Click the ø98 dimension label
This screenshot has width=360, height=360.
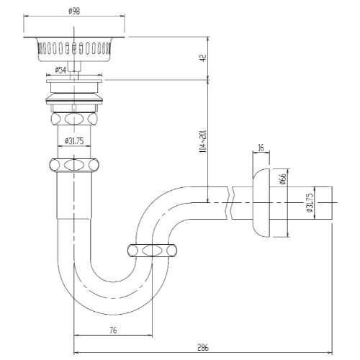coord(74,11)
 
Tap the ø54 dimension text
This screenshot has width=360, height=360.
coord(60,70)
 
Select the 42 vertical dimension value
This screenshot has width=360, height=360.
coord(203,58)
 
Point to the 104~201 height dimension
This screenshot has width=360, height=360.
coord(203,142)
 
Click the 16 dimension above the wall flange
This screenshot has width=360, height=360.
coord(261,148)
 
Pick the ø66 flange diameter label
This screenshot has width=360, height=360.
coord(284,179)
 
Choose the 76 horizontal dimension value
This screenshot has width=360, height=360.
coord(113,330)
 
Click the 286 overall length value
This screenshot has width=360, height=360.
coord(203,347)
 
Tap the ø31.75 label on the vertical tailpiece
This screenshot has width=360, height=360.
coord(74,141)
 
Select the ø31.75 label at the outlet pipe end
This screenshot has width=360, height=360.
coord(310,202)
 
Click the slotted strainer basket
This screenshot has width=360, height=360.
coord(74,50)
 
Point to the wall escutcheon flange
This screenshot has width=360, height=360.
coord(261,203)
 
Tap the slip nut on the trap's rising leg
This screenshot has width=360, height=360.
coord(152,251)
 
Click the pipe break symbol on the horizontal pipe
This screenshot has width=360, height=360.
coord(230,203)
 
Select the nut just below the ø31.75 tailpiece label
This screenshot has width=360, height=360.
coord(74,165)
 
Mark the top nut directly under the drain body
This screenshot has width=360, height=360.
coord(74,119)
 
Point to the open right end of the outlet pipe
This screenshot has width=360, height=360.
coord(332,203)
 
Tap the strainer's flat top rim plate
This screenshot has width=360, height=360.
coord(74,37)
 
